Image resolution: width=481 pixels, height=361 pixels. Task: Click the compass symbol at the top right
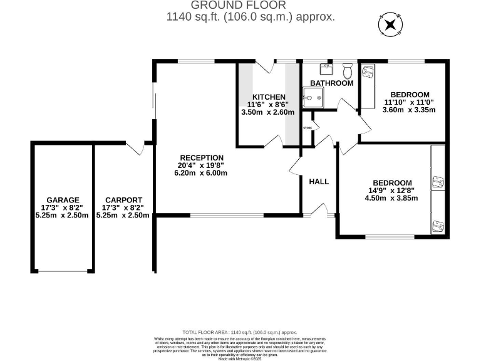pos(390,25)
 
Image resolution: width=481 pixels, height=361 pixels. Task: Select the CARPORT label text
pos(123,200)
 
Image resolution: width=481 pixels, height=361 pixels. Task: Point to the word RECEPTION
pos(201,158)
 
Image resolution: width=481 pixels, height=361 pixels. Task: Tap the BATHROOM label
pos(331,83)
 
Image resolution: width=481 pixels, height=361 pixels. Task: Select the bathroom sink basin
pos(326,68)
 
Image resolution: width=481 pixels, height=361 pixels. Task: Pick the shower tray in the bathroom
pos(312,97)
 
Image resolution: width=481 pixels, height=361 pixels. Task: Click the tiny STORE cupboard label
pos(307,128)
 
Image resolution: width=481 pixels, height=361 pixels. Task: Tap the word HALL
pos(319,182)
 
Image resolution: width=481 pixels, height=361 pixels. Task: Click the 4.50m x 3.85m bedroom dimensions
pos(391,199)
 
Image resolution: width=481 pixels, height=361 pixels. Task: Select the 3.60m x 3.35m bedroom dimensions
pos(408,110)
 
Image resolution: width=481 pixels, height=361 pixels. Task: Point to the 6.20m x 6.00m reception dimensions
pos(201,173)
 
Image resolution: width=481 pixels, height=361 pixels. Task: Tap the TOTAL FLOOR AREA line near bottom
pos(240,332)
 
